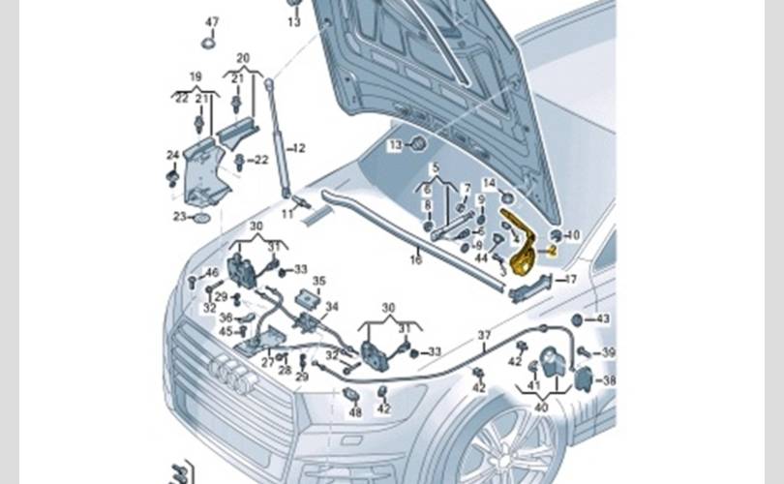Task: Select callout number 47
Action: [x=212, y=21]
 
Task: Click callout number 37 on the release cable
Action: [x=484, y=335]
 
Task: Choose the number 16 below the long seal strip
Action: [x=416, y=259]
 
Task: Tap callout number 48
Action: [x=355, y=412]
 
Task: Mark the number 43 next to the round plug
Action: [x=602, y=319]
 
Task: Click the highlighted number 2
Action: [x=552, y=250]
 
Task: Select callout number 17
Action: [x=570, y=280]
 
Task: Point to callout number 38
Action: [x=608, y=380]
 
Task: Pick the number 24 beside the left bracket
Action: [x=172, y=155]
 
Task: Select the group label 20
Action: [x=242, y=58]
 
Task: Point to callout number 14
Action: [x=489, y=183]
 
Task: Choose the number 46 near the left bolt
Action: [x=211, y=274]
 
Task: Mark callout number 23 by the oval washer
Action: [x=179, y=217]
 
